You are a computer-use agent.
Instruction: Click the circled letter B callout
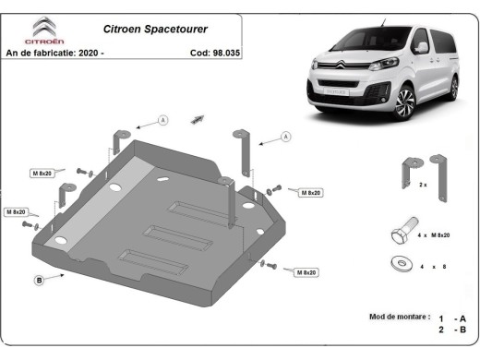point(39,279)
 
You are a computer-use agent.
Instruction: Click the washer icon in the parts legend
point(400,265)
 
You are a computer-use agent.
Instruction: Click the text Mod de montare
point(399,317)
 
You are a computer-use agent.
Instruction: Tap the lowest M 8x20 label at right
point(307,272)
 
